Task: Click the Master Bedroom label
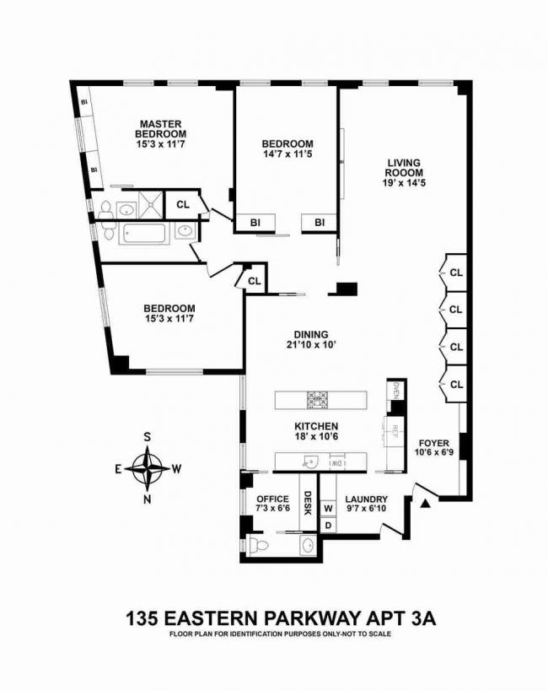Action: [x=161, y=129]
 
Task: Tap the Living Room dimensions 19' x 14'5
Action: [x=404, y=183]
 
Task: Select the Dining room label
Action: [x=311, y=334]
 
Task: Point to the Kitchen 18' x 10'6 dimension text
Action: [x=316, y=436]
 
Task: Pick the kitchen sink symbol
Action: [x=311, y=462]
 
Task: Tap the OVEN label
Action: [x=395, y=391]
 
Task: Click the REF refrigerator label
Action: [x=395, y=431]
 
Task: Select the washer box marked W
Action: [x=328, y=508]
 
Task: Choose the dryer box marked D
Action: [x=328, y=526]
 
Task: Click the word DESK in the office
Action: [x=308, y=503]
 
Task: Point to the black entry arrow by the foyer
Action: [x=426, y=503]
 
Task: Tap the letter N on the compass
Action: [x=148, y=499]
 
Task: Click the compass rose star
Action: [x=148, y=468]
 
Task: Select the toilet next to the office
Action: [x=258, y=546]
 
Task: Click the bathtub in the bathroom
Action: [x=145, y=233]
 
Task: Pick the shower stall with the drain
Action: [x=151, y=204]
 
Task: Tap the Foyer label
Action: [x=434, y=443]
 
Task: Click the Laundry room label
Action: [x=366, y=499]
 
